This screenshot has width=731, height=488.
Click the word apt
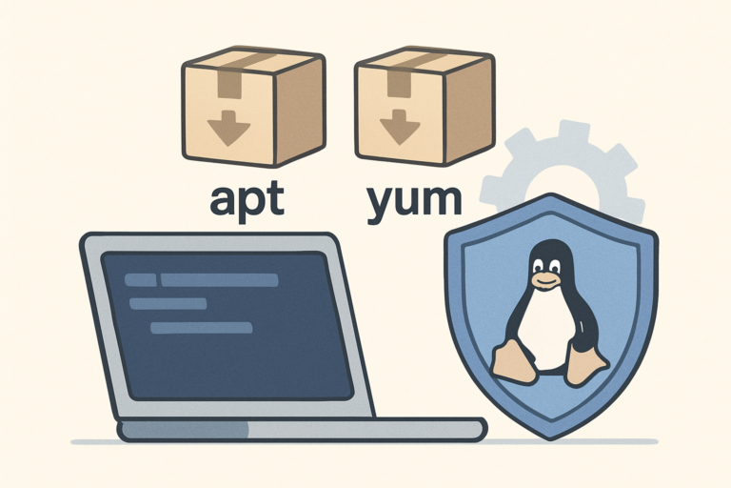247,201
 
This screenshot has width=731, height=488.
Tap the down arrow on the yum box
400,127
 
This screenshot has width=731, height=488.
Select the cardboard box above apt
253,106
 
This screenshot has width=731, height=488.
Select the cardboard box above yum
425,106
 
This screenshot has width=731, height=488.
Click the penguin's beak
546,280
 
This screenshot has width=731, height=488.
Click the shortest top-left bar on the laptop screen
140,280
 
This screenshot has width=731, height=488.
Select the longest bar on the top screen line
220,280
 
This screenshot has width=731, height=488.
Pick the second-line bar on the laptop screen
168,303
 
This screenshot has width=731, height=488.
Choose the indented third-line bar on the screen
202,327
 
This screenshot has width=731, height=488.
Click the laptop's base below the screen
302,430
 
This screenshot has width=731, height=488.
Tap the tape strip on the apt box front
229,83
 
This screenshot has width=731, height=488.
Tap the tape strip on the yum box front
399,82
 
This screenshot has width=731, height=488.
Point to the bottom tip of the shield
550,439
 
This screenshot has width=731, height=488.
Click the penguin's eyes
546,266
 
